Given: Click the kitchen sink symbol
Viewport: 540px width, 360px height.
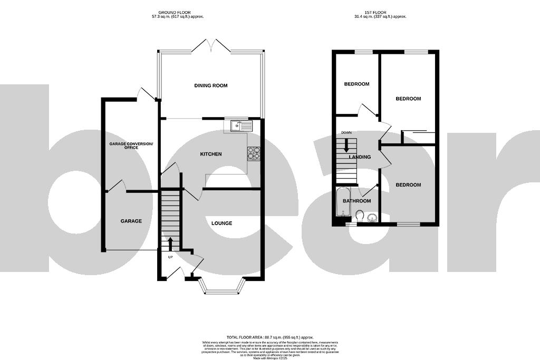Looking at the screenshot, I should [242, 126].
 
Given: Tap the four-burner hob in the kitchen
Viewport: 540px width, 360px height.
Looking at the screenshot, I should [254, 152].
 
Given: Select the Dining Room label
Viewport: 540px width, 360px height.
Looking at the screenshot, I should [211, 85].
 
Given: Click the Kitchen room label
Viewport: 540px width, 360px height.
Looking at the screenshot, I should [210, 154].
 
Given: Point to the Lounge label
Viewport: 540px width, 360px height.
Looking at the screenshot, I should [221, 223].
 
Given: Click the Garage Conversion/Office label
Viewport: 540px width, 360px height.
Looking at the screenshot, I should [131, 145].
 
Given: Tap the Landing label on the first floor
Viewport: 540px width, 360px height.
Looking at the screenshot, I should [360, 157].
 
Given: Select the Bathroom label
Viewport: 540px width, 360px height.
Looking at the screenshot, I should [357, 201].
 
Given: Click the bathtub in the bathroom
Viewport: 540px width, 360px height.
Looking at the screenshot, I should [342, 202].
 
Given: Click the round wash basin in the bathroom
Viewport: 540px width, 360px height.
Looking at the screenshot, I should [373, 217].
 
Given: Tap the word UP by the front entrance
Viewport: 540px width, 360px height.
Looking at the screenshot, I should [170, 257].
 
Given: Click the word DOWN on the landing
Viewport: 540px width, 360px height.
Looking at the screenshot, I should [346, 132].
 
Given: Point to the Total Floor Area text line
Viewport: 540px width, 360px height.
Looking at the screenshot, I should [270, 337].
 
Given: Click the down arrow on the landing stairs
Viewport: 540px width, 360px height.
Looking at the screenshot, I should [346, 145].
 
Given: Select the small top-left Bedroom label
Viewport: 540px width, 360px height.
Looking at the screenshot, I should [356, 84].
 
